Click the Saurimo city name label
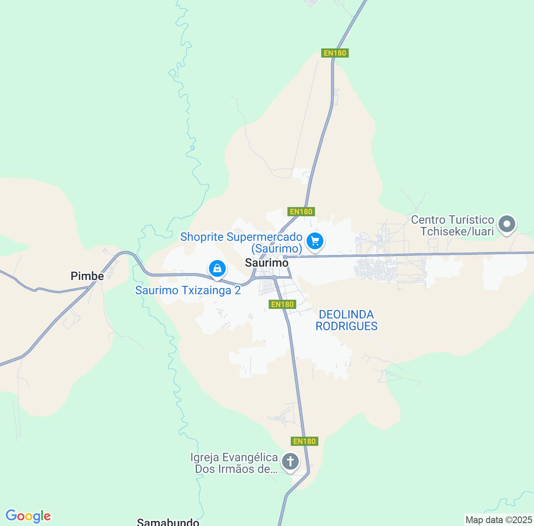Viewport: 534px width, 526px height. point(266,263)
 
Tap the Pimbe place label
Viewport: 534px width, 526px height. point(87,276)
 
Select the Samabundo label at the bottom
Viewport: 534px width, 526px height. point(168,522)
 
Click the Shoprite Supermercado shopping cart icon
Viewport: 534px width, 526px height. point(315,241)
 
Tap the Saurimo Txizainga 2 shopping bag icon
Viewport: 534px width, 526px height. point(217,268)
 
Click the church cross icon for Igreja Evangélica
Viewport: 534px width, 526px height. point(290,462)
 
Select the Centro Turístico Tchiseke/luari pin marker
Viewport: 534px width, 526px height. point(507,224)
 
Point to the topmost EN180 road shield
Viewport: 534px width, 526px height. point(335,53)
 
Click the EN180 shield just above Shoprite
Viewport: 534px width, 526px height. point(301,212)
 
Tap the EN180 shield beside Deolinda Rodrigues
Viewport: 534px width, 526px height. point(282,304)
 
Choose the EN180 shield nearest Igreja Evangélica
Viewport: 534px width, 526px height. point(305,441)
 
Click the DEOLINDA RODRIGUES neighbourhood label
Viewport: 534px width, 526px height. point(346,320)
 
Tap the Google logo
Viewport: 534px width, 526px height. point(28,516)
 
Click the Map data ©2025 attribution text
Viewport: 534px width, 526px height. point(499,520)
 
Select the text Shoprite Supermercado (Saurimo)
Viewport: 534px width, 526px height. point(241,243)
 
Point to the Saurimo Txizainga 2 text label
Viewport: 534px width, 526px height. point(188,290)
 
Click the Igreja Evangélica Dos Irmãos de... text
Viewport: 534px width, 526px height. point(234,463)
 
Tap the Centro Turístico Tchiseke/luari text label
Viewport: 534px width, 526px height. point(453,225)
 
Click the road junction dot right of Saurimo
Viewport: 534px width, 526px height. point(284,257)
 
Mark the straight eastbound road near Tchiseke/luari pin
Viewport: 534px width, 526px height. point(459,254)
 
